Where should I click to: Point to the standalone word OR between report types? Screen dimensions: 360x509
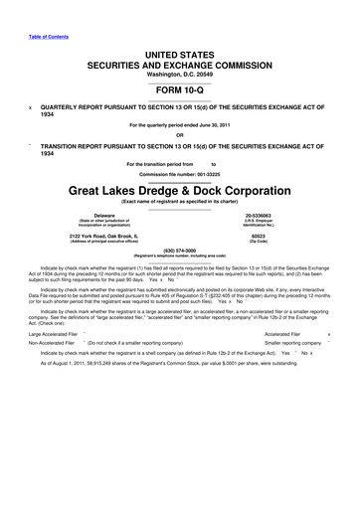coord(180,136)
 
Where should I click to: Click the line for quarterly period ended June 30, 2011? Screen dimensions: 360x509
coord(180,124)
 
